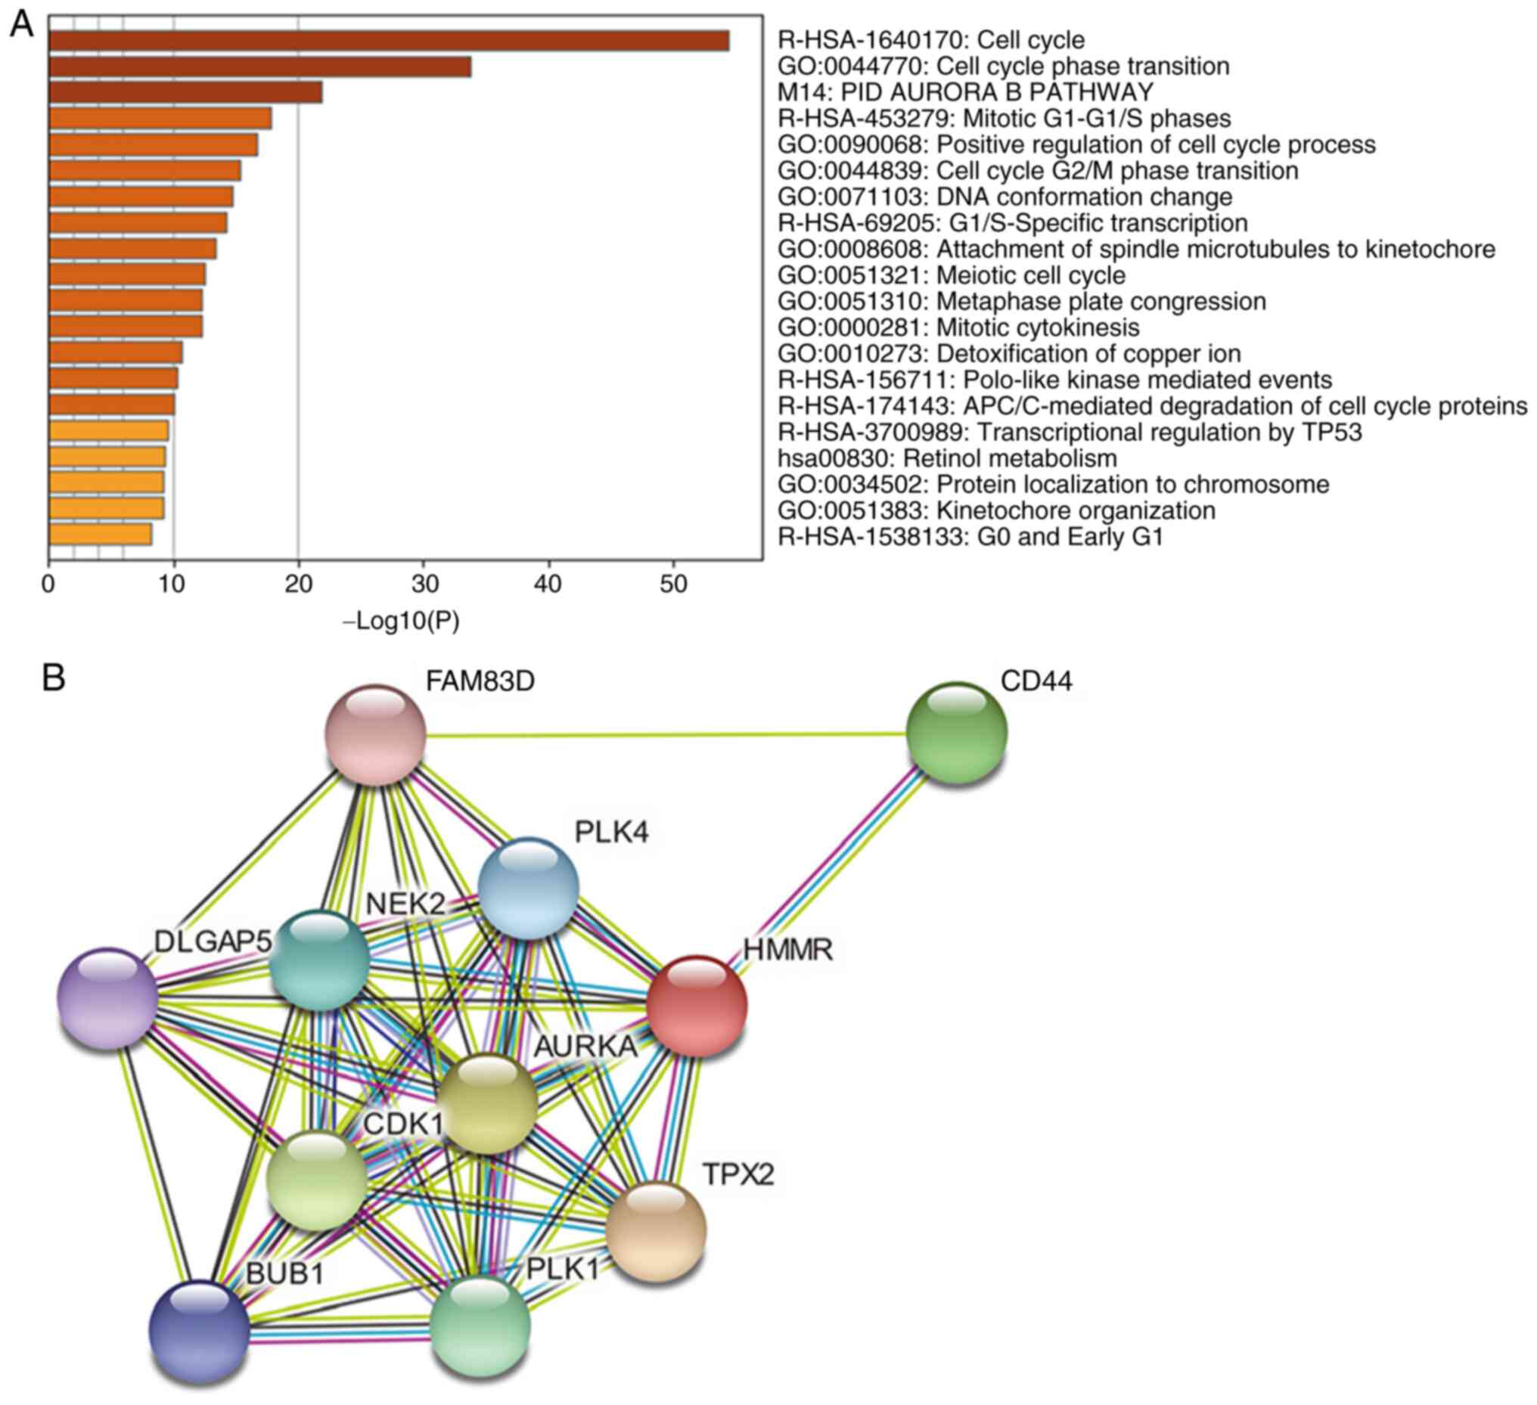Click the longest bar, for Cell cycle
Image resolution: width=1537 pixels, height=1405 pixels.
click(389, 40)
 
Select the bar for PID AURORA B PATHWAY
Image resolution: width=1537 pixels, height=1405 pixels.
click(185, 92)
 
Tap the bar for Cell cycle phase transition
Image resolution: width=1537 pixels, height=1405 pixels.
click(259, 67)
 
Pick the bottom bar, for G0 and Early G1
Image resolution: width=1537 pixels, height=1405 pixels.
click(100, 535)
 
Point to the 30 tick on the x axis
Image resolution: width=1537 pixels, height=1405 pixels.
click(424, 584)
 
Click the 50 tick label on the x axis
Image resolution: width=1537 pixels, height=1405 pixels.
click(673, 584)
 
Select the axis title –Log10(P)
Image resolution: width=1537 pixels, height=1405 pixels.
click(401, 622)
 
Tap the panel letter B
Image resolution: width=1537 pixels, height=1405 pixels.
click(54, 677)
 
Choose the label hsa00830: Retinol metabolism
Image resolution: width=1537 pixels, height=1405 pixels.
click(947, 458)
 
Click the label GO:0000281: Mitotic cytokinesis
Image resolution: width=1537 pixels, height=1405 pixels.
click(958, 327)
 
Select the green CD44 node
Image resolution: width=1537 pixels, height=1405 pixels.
click(957, 733)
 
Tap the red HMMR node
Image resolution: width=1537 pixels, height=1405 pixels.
click(696, 1006)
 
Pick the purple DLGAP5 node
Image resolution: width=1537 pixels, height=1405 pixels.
click(107, 998)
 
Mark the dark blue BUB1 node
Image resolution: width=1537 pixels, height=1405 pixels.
click(199, 1331)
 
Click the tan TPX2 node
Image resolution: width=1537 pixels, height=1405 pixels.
click(656, 1231)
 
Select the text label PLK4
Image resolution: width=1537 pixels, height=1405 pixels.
click(611, 833)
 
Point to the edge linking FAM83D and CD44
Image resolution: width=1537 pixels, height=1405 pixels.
click(663, 735)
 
